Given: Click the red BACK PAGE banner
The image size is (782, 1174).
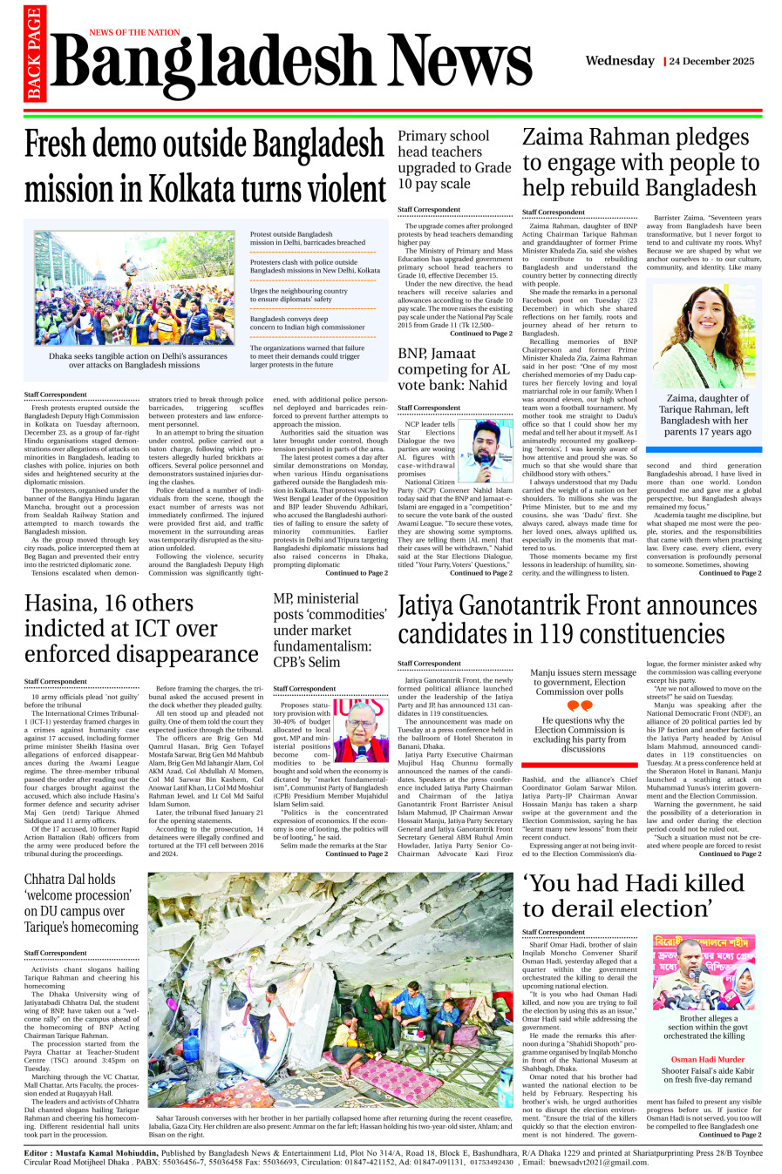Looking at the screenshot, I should pyautogui.click(x=34, y=54).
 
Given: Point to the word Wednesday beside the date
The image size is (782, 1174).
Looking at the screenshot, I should pyautogui.click(x=620, y=61).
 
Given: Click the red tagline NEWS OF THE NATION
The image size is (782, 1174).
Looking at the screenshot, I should pyautogui.click(x=134, y=32).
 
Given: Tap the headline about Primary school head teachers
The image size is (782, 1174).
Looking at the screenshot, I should pyautogui.click(x=453, y=159).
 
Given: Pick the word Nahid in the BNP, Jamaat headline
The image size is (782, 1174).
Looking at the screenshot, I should pyautogui.click(x=487, y=385).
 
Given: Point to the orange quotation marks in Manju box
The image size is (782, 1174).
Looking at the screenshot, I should pyautogui.click(x=579, y=706).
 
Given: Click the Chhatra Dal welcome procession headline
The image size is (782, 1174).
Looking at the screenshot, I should pyautogui.click(x=81, y=903).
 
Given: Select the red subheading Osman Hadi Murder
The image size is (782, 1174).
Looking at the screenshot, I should pyautogui.click(x=707, y=1060).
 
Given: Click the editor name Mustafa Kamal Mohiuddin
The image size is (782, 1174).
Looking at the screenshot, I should pyautogui.click(x=106, y=1151).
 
